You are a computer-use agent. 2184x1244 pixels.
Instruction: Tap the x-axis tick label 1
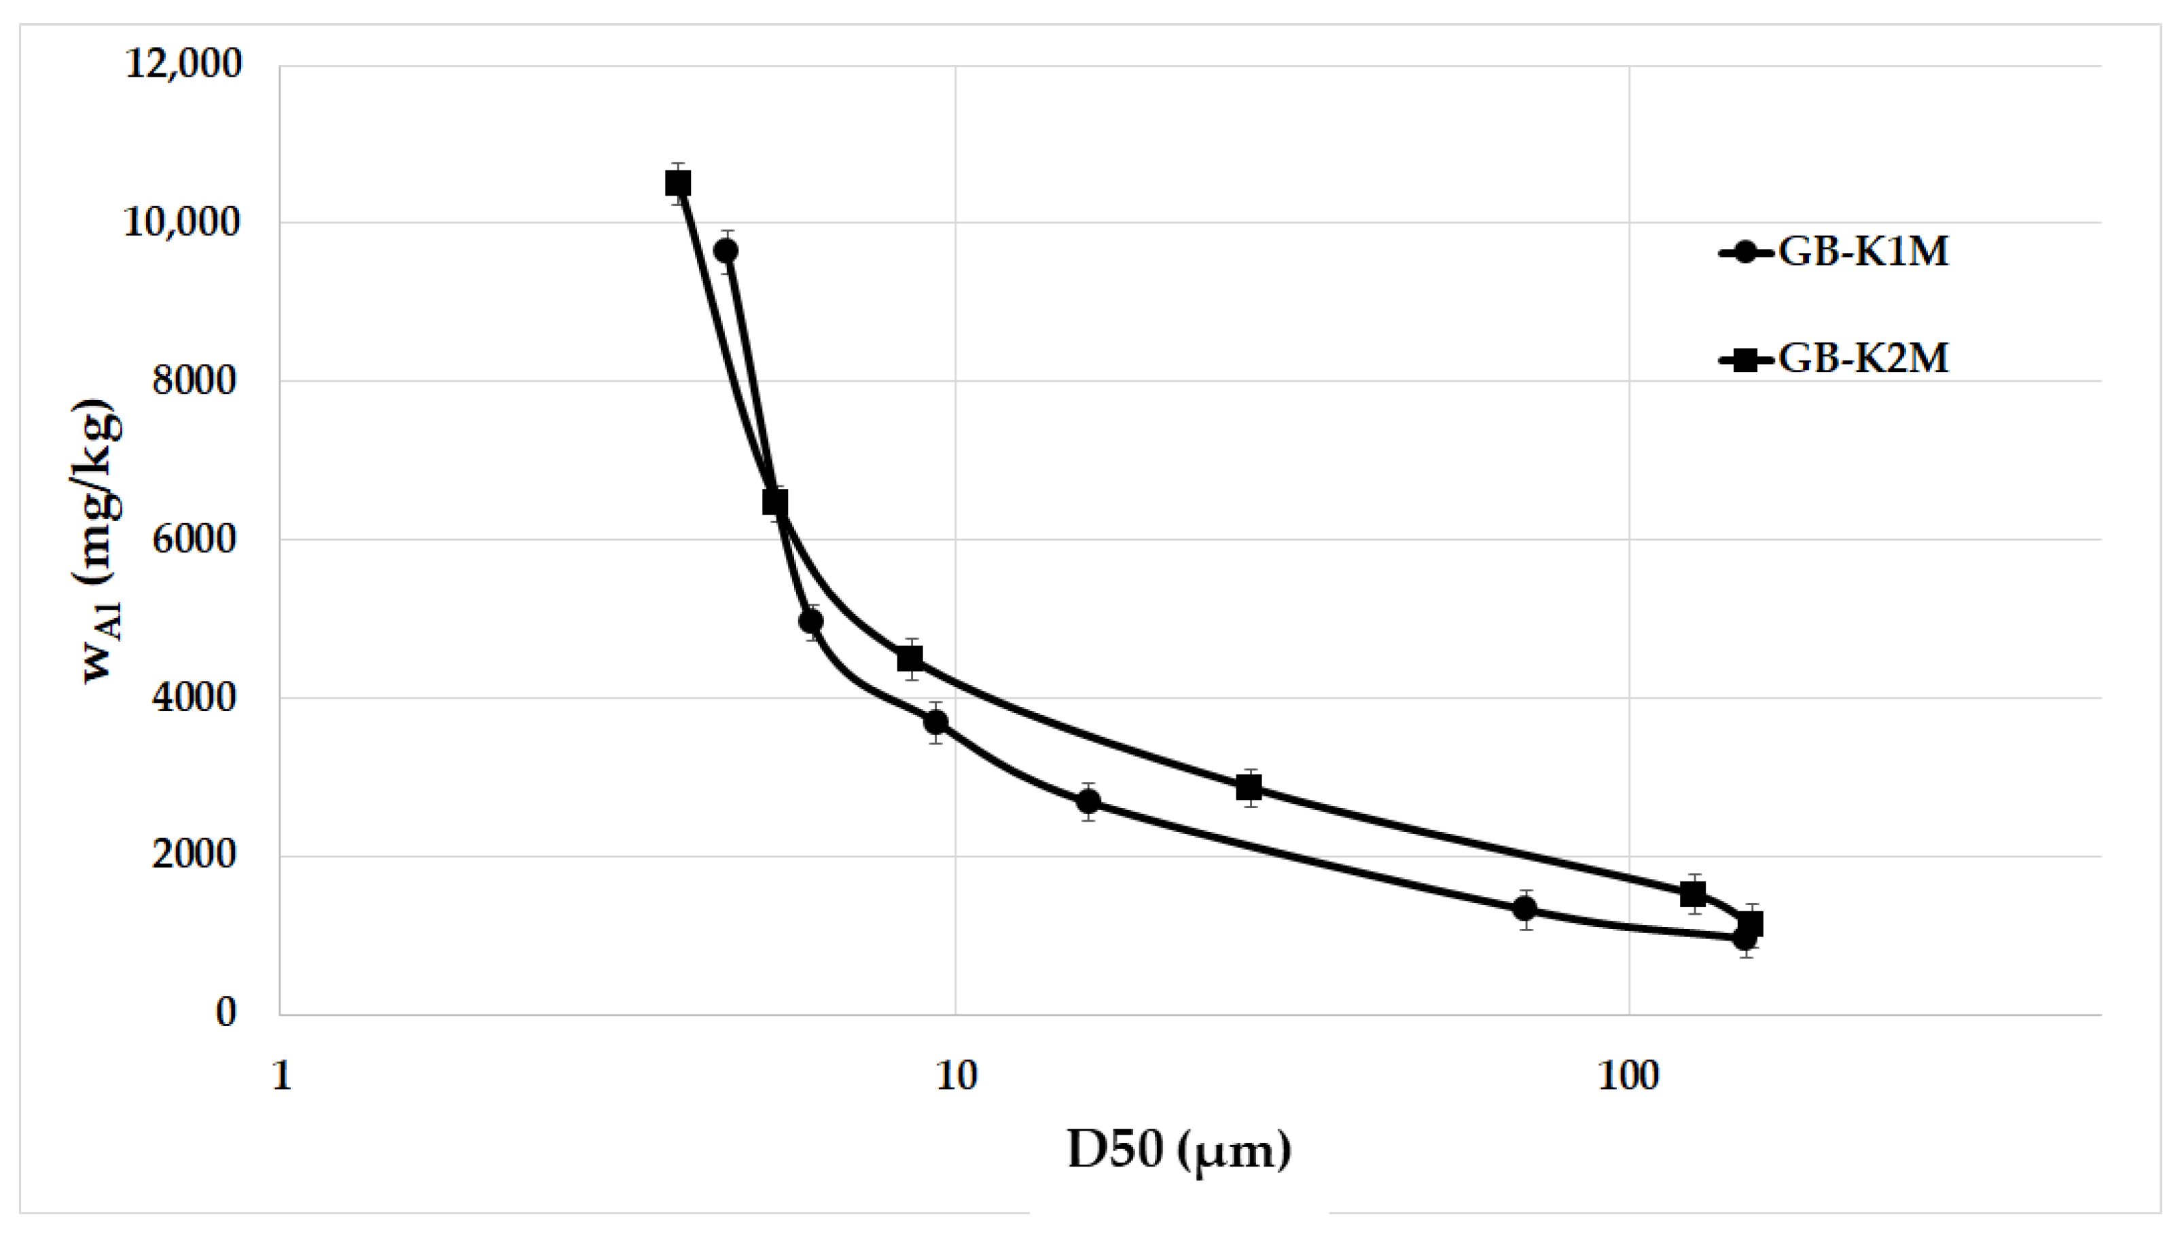point(281,1078)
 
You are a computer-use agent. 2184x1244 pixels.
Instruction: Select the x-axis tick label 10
point(955,1078)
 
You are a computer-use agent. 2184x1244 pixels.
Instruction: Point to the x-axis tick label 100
point(1628,1078)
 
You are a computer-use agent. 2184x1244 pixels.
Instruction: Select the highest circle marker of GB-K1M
point(727,251)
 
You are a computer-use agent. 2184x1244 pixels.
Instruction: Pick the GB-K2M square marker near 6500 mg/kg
point(774,502)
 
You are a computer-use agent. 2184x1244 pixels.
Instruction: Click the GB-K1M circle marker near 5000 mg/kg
point(811,622)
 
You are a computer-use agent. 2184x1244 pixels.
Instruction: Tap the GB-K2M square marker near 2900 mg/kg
point(1249,788)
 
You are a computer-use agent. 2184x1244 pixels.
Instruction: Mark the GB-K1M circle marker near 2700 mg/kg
point(1088,801)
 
